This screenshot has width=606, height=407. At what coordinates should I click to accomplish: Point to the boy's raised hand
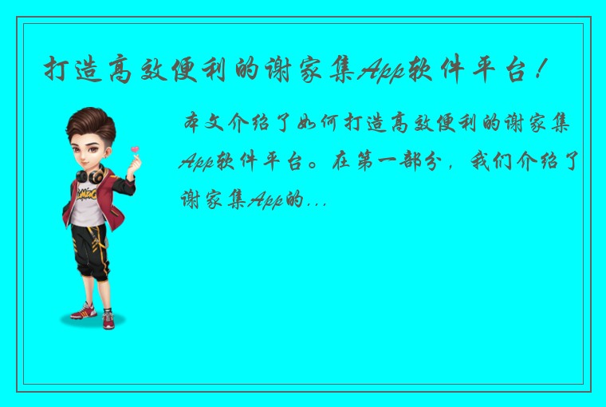[132, 164]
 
